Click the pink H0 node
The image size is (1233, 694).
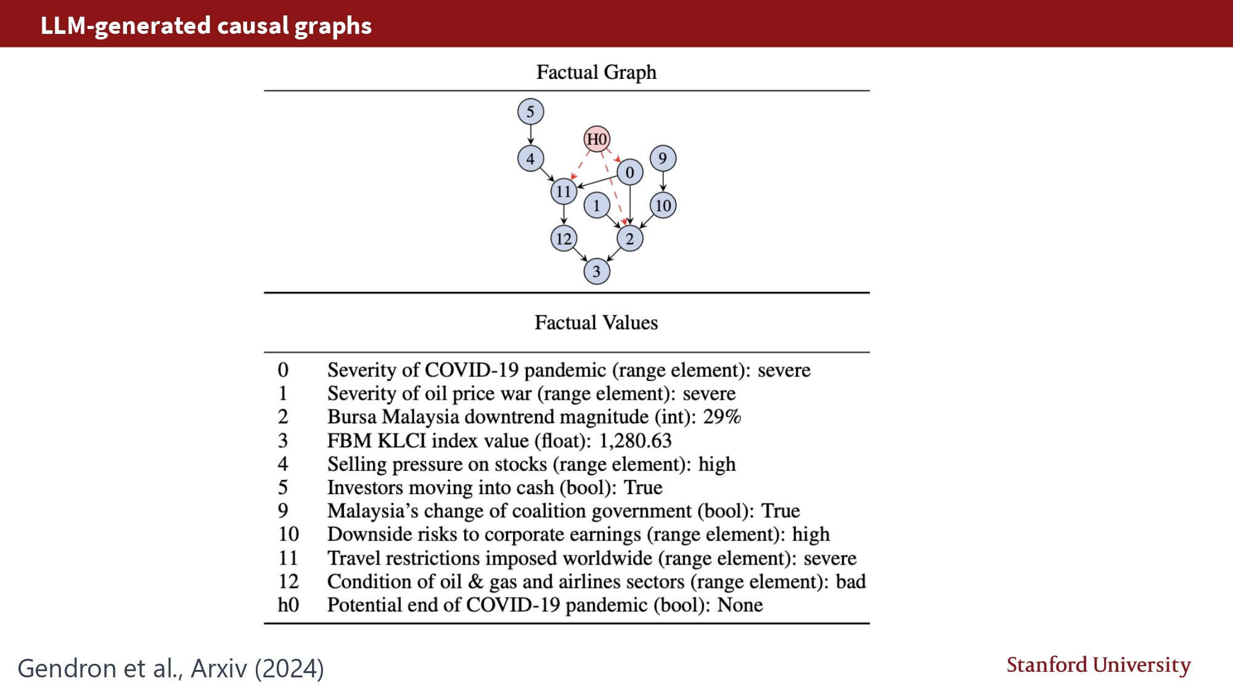pyautogui.click(x=597, y=139)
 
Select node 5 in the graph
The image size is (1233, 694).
pyautogui.click(x=530, y=112)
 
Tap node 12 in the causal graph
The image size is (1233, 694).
pyautogui.click(x=563, y=239)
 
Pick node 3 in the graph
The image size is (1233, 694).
pyautogui.click(x=596, y=271)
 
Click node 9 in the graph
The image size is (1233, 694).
pyautogui.click(x=663, y=159)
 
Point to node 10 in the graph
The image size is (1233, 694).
pyautogui.click(x=663, y=205)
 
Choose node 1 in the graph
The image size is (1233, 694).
pyautogui.click(x=596, y=205)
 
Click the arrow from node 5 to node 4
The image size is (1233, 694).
pyautogui.click(x=530, y=135)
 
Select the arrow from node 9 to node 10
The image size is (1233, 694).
pyautogui.click(x=663, y=182)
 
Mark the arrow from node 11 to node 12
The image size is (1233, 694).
pyautogui.click(x=563, y=215)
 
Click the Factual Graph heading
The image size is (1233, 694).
pyautogui.click(x=596, y=72)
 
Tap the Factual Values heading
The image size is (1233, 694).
pyautogui.click(x=596, y=323)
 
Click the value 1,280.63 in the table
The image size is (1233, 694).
pyautogui.click(x=635, y=441)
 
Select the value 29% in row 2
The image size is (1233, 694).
pyautogui.click(x=722, y=417)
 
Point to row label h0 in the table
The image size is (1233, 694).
pyautogui.click(x=288, y=605)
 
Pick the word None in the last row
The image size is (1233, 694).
pyautogui.click(x=740, y=605)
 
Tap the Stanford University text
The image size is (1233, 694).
pyautogui.click(x=1098, y=665)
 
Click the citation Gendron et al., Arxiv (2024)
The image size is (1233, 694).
pyautogui.click(x=171, y=669)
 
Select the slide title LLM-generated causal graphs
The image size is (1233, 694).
pyautogui.click(x=206, y=26)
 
